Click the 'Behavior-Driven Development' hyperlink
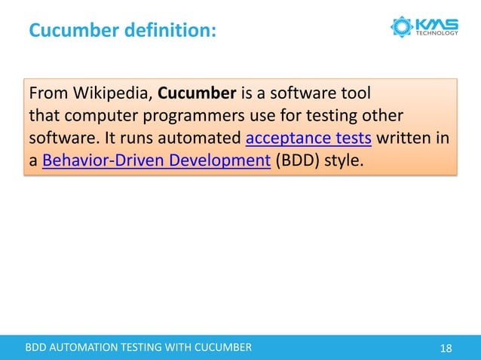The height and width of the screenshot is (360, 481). pos(156,160)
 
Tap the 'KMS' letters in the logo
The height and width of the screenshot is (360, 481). pos(437,23)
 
